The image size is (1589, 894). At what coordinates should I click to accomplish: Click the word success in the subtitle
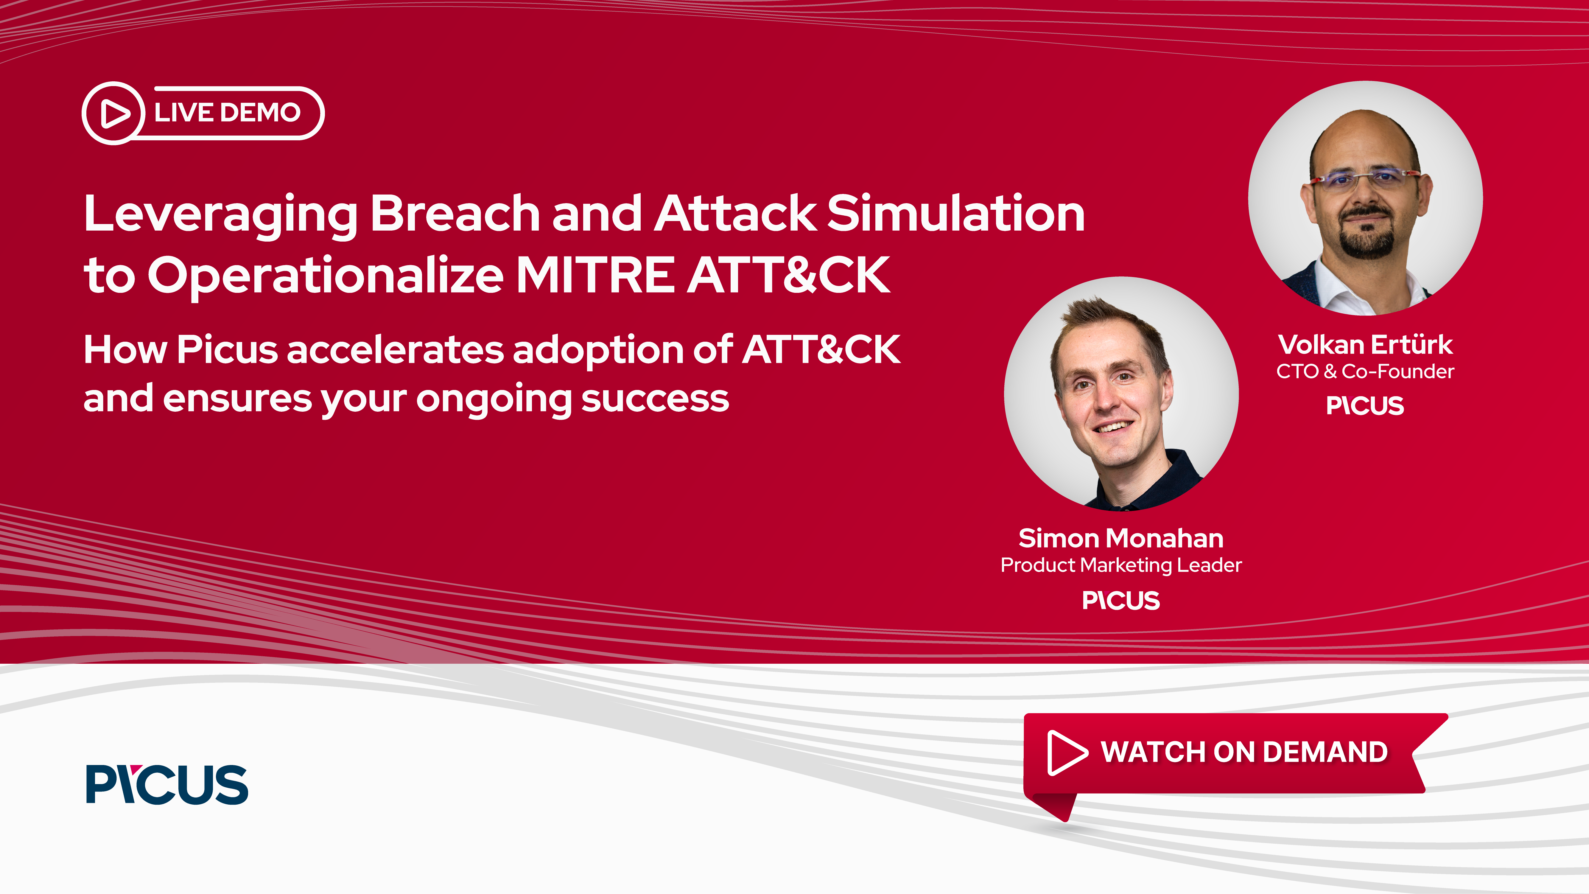[655, 399]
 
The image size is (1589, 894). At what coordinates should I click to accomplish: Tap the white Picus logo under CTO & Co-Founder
[1365, 405]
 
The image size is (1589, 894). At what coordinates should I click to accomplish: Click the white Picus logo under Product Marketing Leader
[1121, 600]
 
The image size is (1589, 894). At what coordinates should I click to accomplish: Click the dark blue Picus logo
[166, 784]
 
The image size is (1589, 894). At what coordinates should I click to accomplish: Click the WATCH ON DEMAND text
[1244, 752]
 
